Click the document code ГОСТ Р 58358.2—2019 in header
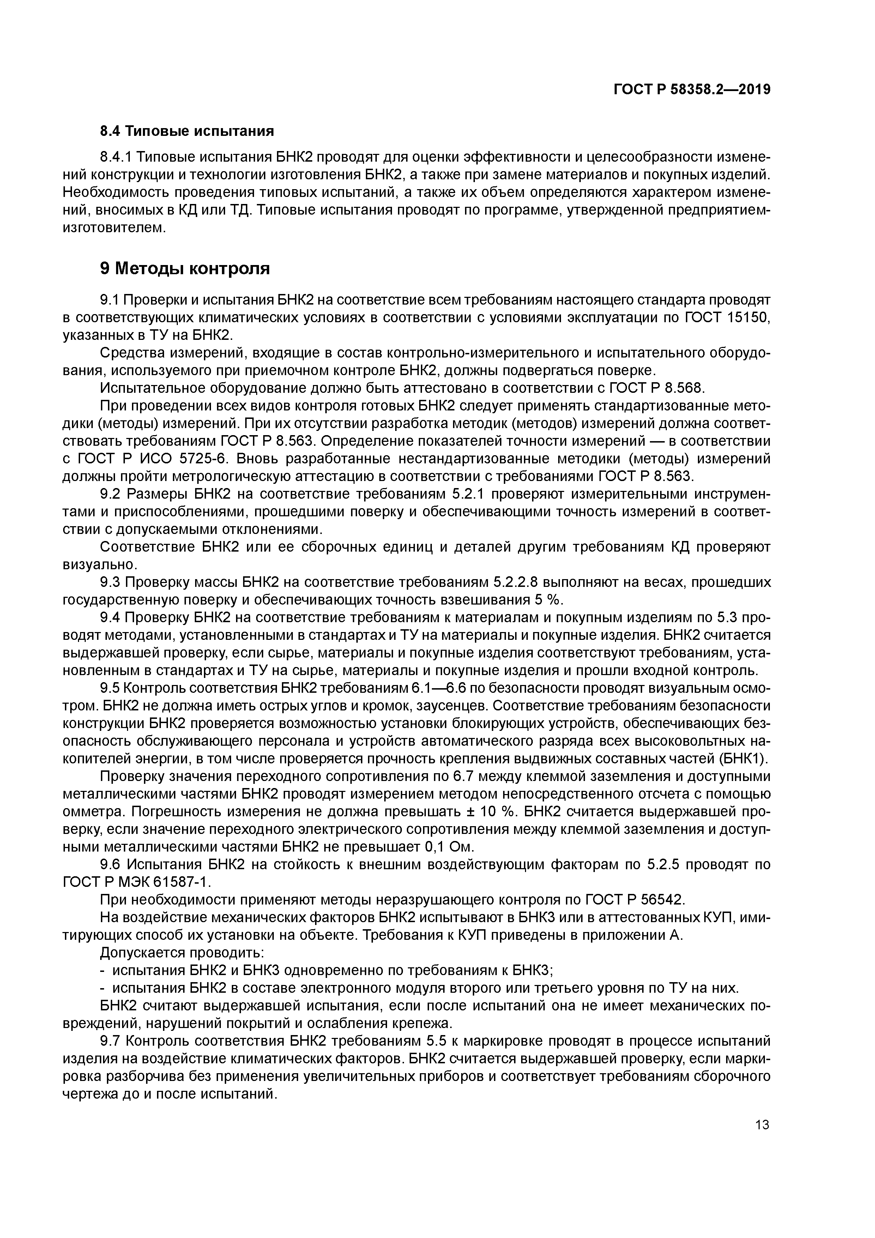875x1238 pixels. [x=692, y=90]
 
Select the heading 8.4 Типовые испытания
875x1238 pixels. [x=187, y=131]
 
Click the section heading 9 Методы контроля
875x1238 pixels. [x=185, y=268]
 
